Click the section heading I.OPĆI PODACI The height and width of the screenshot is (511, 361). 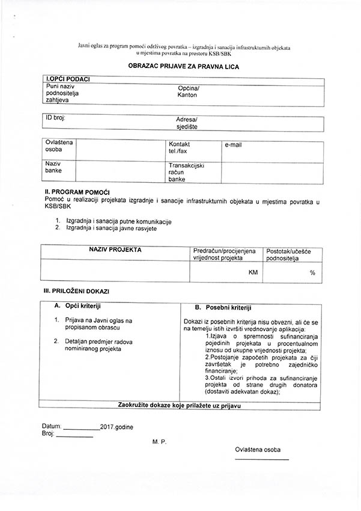[68, 79]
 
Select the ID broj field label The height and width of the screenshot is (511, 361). [55, 118]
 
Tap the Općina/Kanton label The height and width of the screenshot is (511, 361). [188, 92]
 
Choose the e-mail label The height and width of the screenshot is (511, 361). [233, 145]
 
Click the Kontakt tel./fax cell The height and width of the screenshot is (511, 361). [180, 148]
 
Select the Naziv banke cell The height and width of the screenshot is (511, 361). [53, 167]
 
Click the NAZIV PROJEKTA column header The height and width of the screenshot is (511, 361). [115, 249]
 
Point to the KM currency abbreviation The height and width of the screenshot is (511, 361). [253, 272]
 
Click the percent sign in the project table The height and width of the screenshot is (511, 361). [312, 273]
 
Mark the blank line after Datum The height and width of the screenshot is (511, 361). [82, 429]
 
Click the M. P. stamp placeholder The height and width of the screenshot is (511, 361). [159, 441]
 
